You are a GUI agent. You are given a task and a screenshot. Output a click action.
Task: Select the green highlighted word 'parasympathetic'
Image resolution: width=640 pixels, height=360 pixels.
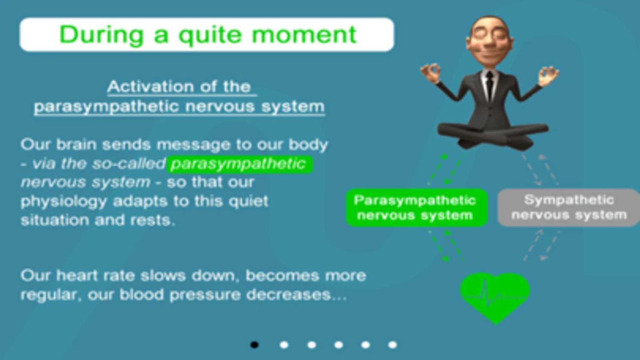click(239, 164)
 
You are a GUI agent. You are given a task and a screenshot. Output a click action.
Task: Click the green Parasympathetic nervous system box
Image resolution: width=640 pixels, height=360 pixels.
click(416, 208)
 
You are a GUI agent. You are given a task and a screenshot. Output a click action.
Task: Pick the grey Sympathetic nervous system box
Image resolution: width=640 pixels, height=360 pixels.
click(569, 208)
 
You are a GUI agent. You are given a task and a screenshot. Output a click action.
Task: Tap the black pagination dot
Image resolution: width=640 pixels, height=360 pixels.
click(254, 345)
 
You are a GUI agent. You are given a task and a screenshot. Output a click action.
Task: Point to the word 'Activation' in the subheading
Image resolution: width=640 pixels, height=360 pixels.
click(151, 86)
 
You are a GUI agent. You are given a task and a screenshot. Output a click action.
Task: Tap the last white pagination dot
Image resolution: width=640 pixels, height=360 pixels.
click(393, 345)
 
